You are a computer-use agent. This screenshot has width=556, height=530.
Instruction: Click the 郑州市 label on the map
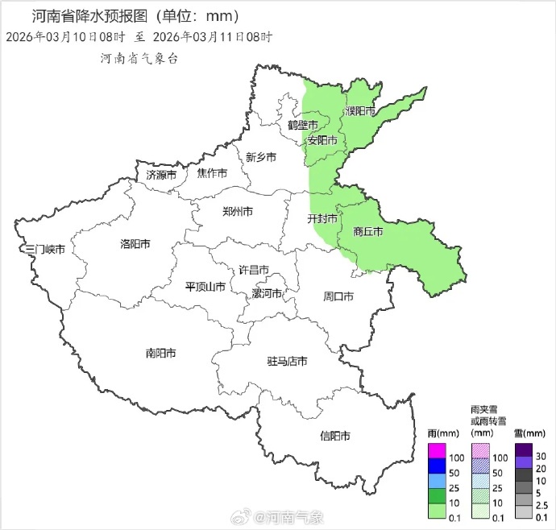pyautogui.click(x=237, y=211)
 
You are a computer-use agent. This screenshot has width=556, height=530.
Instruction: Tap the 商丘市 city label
pyautogui.click(x=368, y=231)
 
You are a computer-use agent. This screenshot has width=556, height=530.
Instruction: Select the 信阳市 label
pyautogui.click(x=334, y=436)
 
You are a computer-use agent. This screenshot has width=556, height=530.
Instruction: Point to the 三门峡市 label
pyautogui.click(x=45, y=250)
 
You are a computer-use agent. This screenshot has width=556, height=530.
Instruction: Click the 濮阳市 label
pyautogui.click(x=360, y=110)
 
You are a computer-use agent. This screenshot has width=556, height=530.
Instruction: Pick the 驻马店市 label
pyautogui.click(x=288, y=361)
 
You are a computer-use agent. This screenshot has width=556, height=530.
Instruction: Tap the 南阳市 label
pyautogui.click(x=161, y=353)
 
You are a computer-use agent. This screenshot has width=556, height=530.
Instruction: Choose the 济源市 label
pyautogui.click(x=161, y=175)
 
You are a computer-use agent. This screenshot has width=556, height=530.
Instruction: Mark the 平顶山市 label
pyautogui.click(x=205, y=286)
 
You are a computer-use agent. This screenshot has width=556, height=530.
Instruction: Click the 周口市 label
pyautogui.click(x=338, y=296)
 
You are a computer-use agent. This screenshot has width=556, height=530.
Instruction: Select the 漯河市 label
pyautogui.click(x=267, y=292)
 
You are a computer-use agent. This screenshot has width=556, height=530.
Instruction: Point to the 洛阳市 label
pyautogui.click(x=135, y=243)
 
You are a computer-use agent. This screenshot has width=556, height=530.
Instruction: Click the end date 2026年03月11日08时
pyautogui.click(x=213, y=37)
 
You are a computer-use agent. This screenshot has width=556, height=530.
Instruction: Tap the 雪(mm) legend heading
pyautogui.click(x=529, y=433)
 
